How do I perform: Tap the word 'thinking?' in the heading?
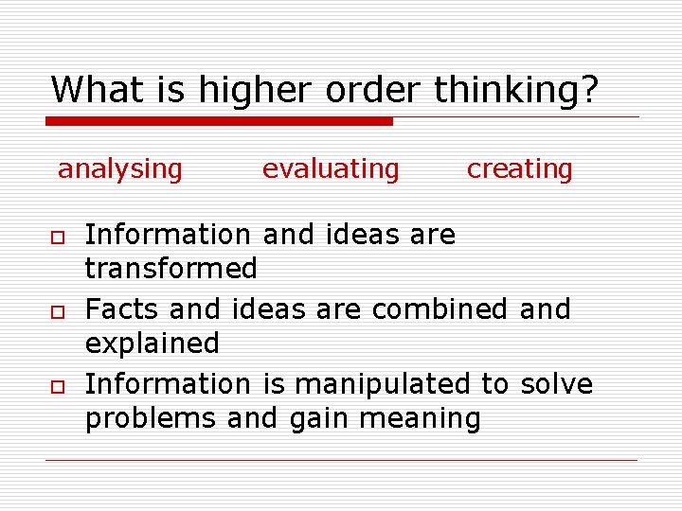tap(516, 91)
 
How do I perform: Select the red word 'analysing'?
tap(120, 169)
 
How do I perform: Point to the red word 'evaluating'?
tap(331, 169)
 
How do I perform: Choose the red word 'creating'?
tap(520, 169)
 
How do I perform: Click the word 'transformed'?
tap(171, 269)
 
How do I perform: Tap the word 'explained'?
tap(153, 344)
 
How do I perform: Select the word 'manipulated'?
tap(382, 384)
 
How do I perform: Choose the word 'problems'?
tap(151, 418)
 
